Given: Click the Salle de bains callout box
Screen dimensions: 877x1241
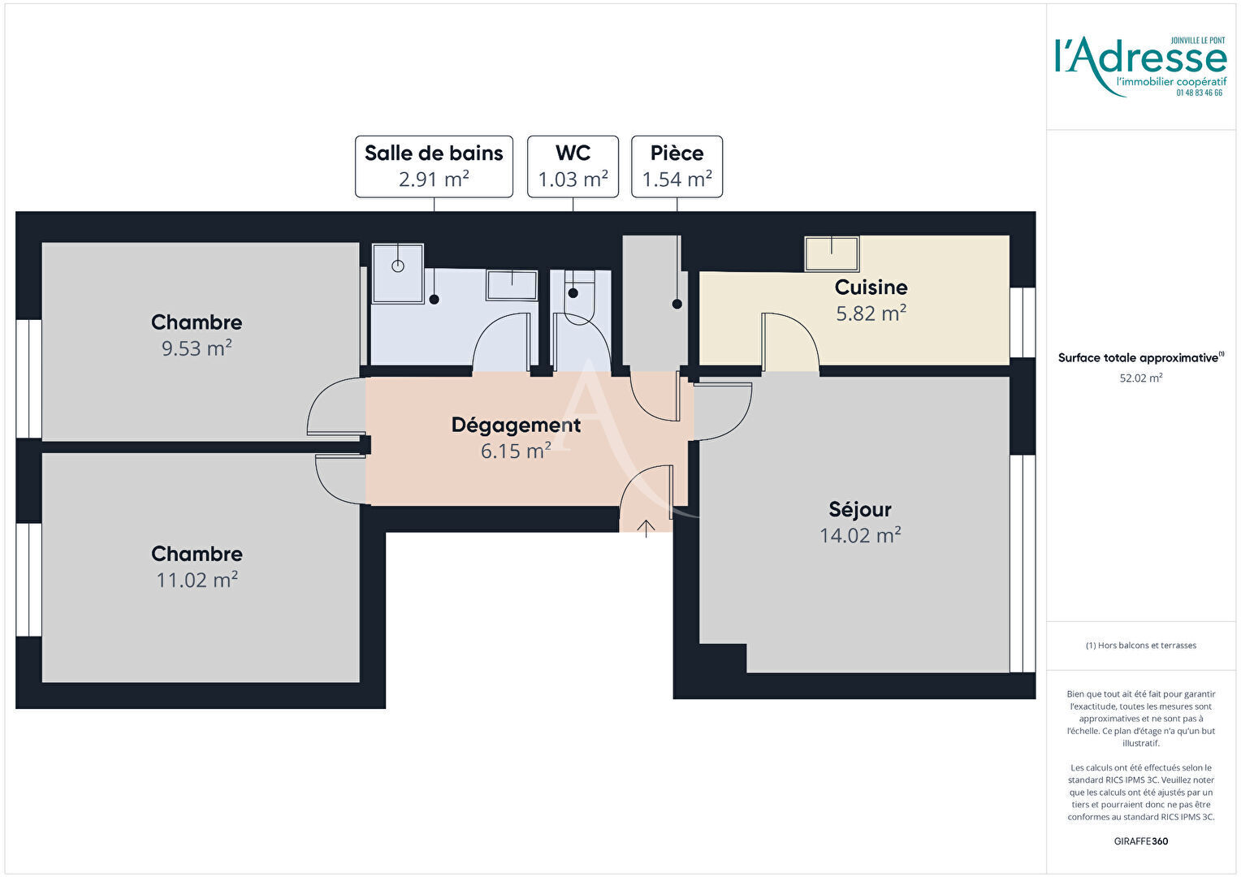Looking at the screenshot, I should point(434,166).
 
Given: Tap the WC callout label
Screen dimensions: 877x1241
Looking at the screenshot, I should point(573,166).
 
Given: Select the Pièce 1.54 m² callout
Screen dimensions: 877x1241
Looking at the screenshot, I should point(677,166).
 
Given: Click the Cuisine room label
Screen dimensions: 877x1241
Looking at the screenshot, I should point(871,287).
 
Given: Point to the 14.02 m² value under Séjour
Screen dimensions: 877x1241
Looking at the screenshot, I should point(860,535).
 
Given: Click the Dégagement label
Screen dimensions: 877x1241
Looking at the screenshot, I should point(516,425).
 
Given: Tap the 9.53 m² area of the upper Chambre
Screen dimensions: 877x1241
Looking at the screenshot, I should point(197,348).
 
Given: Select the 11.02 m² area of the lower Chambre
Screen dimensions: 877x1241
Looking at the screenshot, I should point(197,580).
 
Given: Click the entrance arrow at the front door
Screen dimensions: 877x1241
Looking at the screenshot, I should point(646,529).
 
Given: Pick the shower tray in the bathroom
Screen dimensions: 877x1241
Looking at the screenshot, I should point(398,273).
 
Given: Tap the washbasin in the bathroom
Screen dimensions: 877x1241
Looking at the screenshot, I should point(512,285).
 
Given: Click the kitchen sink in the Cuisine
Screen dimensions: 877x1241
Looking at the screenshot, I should point(832,254).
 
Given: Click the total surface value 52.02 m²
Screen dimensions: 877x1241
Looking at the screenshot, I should point(1140,378).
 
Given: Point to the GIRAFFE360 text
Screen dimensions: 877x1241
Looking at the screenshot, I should point(1140,841).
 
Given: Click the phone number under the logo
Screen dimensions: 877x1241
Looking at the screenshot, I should point(1199,93).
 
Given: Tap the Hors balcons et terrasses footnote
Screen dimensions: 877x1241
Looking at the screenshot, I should point(1140,646).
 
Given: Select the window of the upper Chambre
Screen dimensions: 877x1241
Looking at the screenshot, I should point(28,378).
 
